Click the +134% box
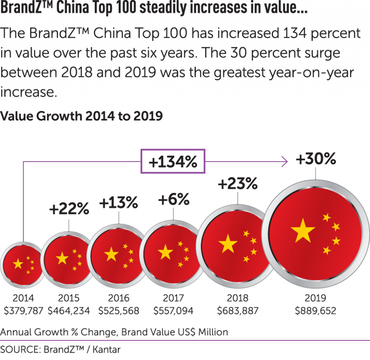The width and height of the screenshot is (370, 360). [173, 162]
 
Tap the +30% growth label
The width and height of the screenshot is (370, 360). [316, 159]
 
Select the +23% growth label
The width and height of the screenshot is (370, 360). [237, 184]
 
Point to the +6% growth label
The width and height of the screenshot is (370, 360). [174, 200]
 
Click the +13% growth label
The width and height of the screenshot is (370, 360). [119, 203]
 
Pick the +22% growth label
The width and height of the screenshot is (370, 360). [69, 209]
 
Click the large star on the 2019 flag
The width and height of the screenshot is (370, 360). [303, 231]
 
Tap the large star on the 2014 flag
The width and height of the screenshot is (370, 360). [18, 264]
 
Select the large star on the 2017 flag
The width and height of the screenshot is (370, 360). [165, 252]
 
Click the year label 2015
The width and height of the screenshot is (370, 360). [69, 298]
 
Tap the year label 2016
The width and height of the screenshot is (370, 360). [119, 298]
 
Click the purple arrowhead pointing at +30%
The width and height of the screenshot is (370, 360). [284, 162]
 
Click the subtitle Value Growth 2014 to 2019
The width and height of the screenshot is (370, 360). [82, 116]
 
